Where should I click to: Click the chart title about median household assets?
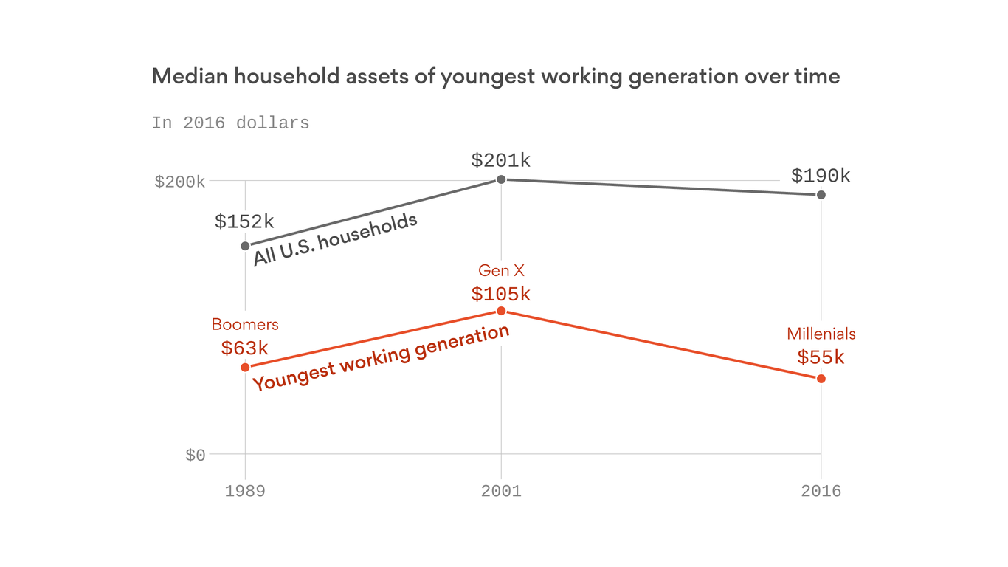[x=495, y=77]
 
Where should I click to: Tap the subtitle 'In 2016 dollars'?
[x=230, y=123]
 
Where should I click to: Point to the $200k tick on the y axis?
[x=179, y=182]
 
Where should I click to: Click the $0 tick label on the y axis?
[x=195, y=456]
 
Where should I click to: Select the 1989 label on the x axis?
[x=245, y=492]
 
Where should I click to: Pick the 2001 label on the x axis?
[x=501, y=492]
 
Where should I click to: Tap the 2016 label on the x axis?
[x=821, y=492]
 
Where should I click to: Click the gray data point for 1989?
[x=245, y=246]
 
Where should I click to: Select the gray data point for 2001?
[x=501, y=179]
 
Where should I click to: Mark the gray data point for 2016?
[x=821, y=195]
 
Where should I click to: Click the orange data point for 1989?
[x=245, y=367]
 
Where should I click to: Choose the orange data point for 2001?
[x=501, y=311]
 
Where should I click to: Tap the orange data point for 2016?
[x=821, y=379]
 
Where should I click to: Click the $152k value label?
[x=244, y=221]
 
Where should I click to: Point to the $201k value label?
[x=501, y=160]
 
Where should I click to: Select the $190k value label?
[x=821, y=176]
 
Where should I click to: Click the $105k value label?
[x=501, y=294]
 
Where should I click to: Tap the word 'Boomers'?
[x=245, y=324]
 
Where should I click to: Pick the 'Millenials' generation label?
[x=821, y=334]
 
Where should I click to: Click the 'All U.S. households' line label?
[x=336, y=240]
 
